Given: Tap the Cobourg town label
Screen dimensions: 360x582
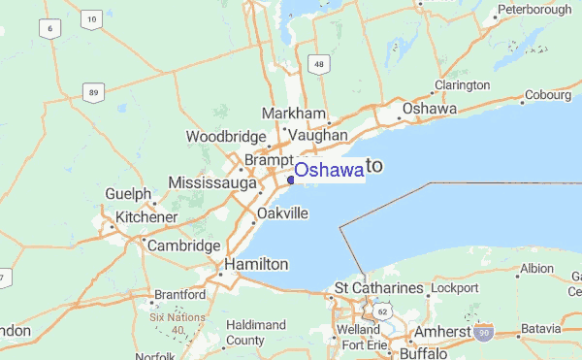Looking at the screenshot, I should pos(550,95).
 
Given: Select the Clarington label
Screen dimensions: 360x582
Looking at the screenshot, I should pos(462,84).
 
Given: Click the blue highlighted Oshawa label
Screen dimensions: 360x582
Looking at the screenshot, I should pos(329,170).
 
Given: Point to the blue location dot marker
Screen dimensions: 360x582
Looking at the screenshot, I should pos(291,179).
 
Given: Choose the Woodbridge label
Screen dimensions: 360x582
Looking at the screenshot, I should pos(226,137).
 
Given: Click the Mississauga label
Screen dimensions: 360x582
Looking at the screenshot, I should pos(212,182).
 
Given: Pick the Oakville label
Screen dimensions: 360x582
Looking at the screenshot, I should pos(283,213).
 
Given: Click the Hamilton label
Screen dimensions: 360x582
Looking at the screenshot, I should pos(256,264).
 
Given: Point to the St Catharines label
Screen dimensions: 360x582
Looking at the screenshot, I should pos(379,288).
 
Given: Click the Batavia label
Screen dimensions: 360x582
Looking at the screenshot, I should pos(540,329).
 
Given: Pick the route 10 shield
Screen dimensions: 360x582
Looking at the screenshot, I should pos(91,18).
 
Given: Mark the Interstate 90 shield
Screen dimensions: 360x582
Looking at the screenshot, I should pos(483,333).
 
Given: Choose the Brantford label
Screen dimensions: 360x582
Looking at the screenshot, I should pos(179,293).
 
